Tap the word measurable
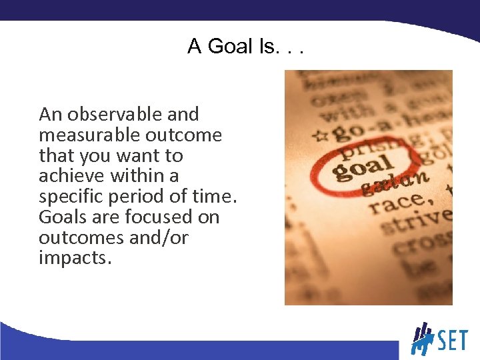coord(85,135)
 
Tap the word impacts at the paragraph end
coord(73,258)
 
